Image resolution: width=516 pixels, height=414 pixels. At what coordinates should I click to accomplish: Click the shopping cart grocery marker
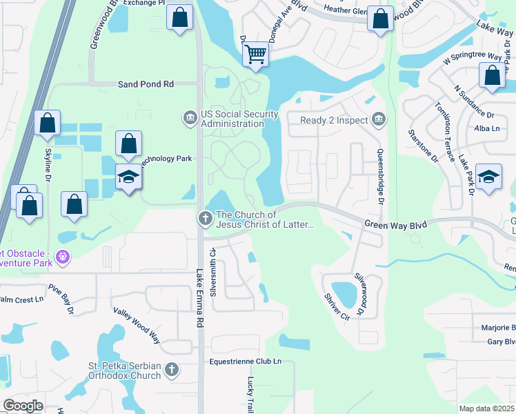(x=256, y=53)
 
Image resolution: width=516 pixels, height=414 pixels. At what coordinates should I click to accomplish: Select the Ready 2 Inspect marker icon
(x=378, y=119)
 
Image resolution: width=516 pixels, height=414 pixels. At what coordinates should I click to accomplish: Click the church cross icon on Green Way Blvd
(x=205, y=219)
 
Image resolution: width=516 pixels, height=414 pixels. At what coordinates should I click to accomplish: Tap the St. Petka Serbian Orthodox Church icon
(x=172, y=371)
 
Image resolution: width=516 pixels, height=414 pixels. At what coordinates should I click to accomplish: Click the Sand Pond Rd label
(x=146, y=84)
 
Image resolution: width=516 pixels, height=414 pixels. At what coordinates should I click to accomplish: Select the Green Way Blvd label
(x=395, y=224)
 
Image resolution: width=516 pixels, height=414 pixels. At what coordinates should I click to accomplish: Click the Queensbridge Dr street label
(x=379, y=177)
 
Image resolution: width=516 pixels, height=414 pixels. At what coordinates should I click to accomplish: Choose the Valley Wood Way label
(x=137, y=326)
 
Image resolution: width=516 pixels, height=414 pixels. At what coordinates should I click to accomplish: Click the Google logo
(x=23, y=405)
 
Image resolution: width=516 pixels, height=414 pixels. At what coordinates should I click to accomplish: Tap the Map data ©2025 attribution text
(x=486, y=408)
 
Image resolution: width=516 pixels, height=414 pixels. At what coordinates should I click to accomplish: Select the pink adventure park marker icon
(x=63, y=257)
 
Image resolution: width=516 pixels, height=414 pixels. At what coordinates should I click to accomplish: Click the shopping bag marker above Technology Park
(x=128, y=144)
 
